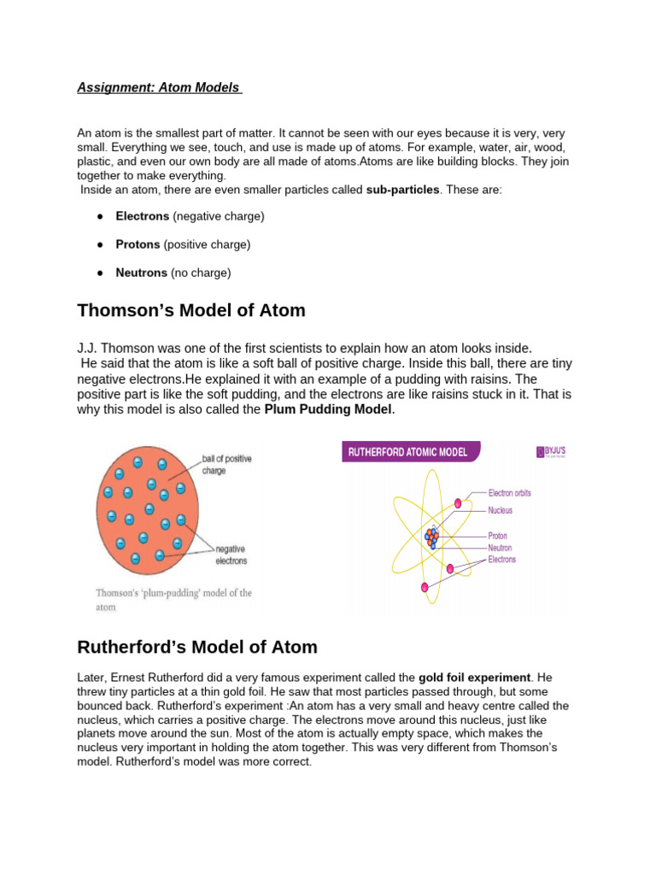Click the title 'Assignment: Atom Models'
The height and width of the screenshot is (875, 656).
pyautogui.click(x=159, y=87)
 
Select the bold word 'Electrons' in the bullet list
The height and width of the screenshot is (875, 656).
pyautogui.click(x=142, y=216)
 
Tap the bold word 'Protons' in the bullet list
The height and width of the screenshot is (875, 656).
pyautogui.click(x=138, y=244)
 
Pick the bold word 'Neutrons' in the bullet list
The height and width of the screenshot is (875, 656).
pyautogui.click(x=141, y=273)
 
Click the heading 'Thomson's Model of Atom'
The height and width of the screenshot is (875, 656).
pyautogui.click(x=190, y=310)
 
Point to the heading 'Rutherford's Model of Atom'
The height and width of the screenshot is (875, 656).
pyautogui.click(x=196, y=647)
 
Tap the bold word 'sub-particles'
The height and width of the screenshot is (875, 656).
pyautogui.click(x=402, y=189)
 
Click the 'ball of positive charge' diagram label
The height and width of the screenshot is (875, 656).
pyautogui.click(x=226, y=464)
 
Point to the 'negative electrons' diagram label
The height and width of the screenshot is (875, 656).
pyautogui.click(x=231, y=555)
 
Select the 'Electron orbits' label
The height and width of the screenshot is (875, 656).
pyautogui.click(x=515, y=493)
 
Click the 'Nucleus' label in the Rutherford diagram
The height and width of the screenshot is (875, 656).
pyautogui.click(x=501, y=510)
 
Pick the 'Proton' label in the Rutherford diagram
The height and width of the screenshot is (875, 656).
pyautogui.click(x=498, y=537)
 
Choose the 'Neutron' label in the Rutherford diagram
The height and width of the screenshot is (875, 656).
pyautogui.click(x=500, y=548)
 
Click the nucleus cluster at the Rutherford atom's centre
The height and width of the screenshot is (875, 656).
pyautogui.click(x=431, y=537)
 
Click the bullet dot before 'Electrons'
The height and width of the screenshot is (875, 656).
pyautogui.click(x=100, y=216)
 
